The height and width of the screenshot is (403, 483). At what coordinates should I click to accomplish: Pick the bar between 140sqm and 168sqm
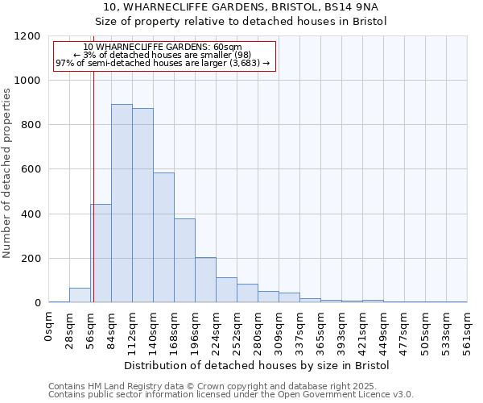[x=163, y=238]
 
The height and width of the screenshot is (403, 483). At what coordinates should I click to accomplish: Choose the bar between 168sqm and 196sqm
[x=184, y=260]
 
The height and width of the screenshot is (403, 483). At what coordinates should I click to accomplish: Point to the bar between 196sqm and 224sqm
[x=205, y=280]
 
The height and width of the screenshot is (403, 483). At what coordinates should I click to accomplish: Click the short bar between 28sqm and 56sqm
[x=80, y=295]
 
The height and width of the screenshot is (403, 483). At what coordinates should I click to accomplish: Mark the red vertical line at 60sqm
[x=93, y=177]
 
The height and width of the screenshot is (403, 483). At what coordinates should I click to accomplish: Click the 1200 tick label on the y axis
[x=28, y=36]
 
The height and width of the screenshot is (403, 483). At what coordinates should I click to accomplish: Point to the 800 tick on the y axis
[x=32, y=125]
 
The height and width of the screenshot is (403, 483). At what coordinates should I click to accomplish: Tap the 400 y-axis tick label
[x=32, y=214]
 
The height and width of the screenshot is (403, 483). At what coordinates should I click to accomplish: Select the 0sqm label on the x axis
[x=49, y=326]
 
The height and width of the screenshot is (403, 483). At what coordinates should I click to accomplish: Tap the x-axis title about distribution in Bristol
[x=258, y=365]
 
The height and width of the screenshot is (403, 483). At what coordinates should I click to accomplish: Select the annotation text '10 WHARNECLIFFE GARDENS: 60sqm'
[x=162, y=48]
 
